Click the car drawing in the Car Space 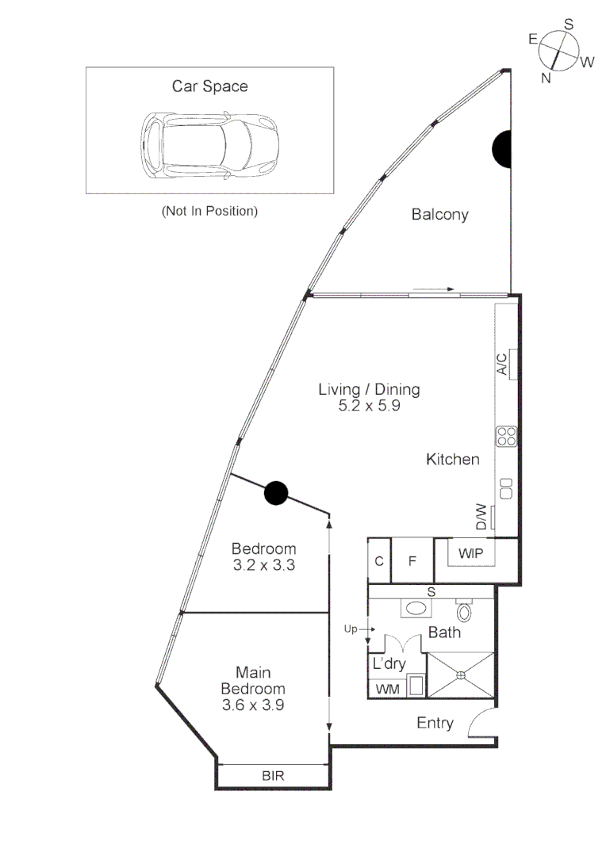(x=210, y=143)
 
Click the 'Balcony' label (x=439, y=214)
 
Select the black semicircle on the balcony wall (x=502, y=149)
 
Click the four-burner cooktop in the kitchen (x=507, y=436)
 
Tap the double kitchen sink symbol (x=506, y=483)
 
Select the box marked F (x=412, y=560)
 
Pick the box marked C (x=379, y=560)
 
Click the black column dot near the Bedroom (x=275, y=493)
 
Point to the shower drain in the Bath (x=461, y=675)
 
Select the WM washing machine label (x=387, y=689)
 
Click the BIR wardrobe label (x=273, y=775)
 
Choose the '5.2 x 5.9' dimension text (x=369, y=406)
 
